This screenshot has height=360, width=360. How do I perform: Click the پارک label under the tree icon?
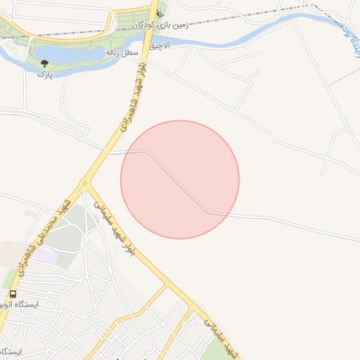45,73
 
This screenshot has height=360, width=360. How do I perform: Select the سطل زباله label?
121,53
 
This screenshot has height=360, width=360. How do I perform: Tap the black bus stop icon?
13,294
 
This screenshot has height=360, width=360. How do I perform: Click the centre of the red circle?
180,179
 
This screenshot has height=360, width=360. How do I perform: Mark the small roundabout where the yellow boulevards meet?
85,184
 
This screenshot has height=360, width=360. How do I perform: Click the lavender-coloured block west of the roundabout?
46,257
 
